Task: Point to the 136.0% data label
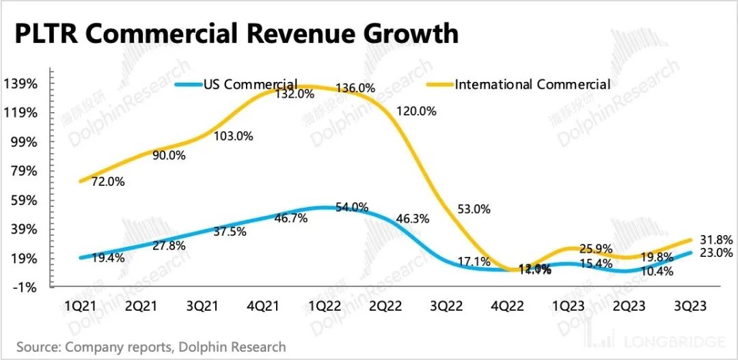pos(356,88)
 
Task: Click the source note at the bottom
pos(151,347)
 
